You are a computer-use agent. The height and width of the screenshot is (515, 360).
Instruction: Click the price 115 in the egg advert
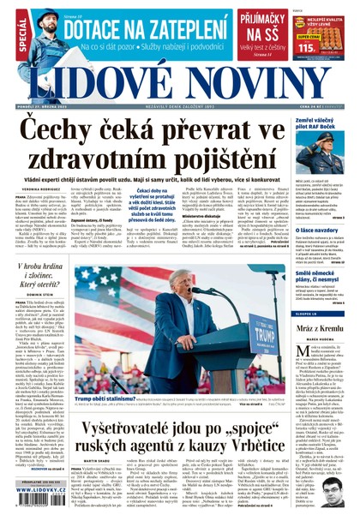point(307,47)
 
